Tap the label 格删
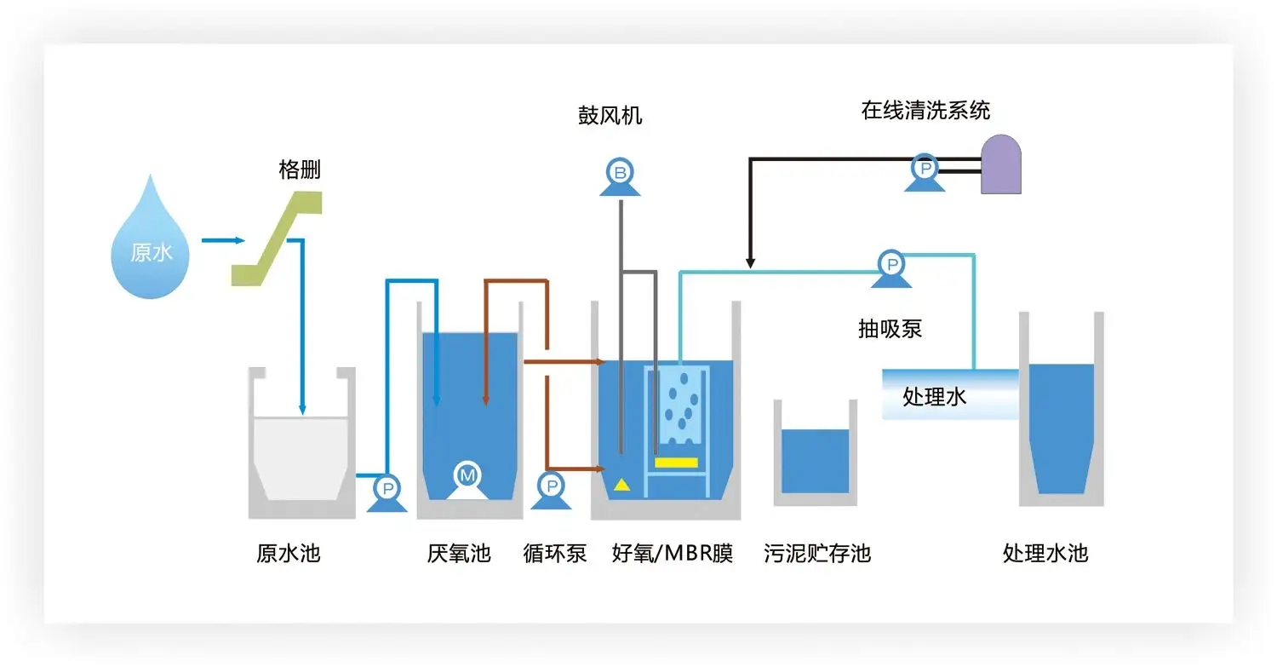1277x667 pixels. click(300, 170)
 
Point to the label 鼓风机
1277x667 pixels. click(610, 116)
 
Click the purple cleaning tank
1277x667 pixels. click(1000, 164)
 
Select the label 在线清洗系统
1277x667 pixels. click(925, 111)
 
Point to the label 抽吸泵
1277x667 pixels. click(890, 329)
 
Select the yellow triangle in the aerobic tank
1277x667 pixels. click(622, 485)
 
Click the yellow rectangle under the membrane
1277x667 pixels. click(676, 463)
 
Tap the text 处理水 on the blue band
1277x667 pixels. click(934, 397)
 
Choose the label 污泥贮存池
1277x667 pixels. click(817, 554)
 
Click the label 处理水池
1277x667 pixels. click(1045, 554)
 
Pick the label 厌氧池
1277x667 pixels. click(459, 554)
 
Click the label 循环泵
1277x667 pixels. click(554, 554)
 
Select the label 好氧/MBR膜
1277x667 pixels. click(673, 554)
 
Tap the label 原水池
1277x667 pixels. click(288, 554)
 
